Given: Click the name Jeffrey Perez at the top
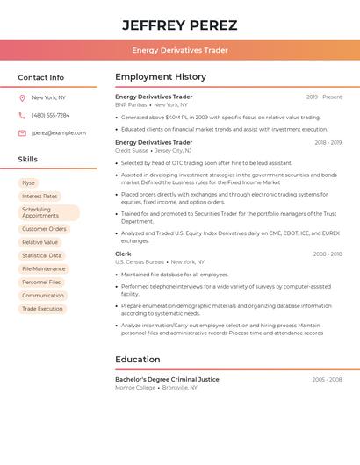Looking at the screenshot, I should pyautogui.click(x=179, y=25).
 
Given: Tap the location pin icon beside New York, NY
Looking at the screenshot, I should pyautogui.click(x=22, y=97).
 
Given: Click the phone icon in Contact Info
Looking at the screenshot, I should pyautogui.click(x=22, y=115).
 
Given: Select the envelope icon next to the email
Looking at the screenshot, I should pyautogui.click(x=22, y=133).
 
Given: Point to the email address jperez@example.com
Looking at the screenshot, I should pyautogui.click(x=59, y=133).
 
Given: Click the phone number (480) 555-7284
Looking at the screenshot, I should pyautogui.click(x=51, y=115).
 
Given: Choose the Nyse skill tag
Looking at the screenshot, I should pyautogui.click(x=29, y=182).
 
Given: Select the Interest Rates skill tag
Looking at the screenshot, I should pyautogui.click(x=40, y=196).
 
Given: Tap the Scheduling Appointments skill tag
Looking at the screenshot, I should pyautogui.click(x=48, y=212).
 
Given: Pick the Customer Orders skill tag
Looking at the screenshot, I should pyautogui.click(x=44, y=229).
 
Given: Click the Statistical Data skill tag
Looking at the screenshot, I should pyautogui.click(x=41, y=255).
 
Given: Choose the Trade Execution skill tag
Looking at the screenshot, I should pyautogui.click(x=42, y=309).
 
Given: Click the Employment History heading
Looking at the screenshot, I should pyautogui.click(x=161, y=77).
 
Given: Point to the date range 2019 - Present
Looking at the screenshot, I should pyautogui.click(x=324, y=97).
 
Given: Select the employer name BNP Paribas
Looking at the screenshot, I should pyautogui.click(x=132, y=104).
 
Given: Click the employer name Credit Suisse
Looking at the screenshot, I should pyautogui.click(x=132, y=150).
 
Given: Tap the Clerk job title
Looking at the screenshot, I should pyautogui.click(x=123, y=254).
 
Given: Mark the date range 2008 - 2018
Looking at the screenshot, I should pyautogui.click(x=328, y=254).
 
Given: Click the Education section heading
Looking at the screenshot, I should pyautogui.click(x=138, y=360).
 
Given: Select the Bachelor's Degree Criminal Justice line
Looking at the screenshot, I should pyautogui.click(x=167, y=379).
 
